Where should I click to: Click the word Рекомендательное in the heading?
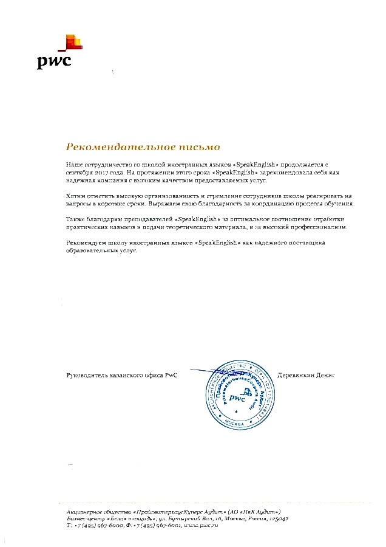point(109,147)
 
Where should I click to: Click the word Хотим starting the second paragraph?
point(75,197)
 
